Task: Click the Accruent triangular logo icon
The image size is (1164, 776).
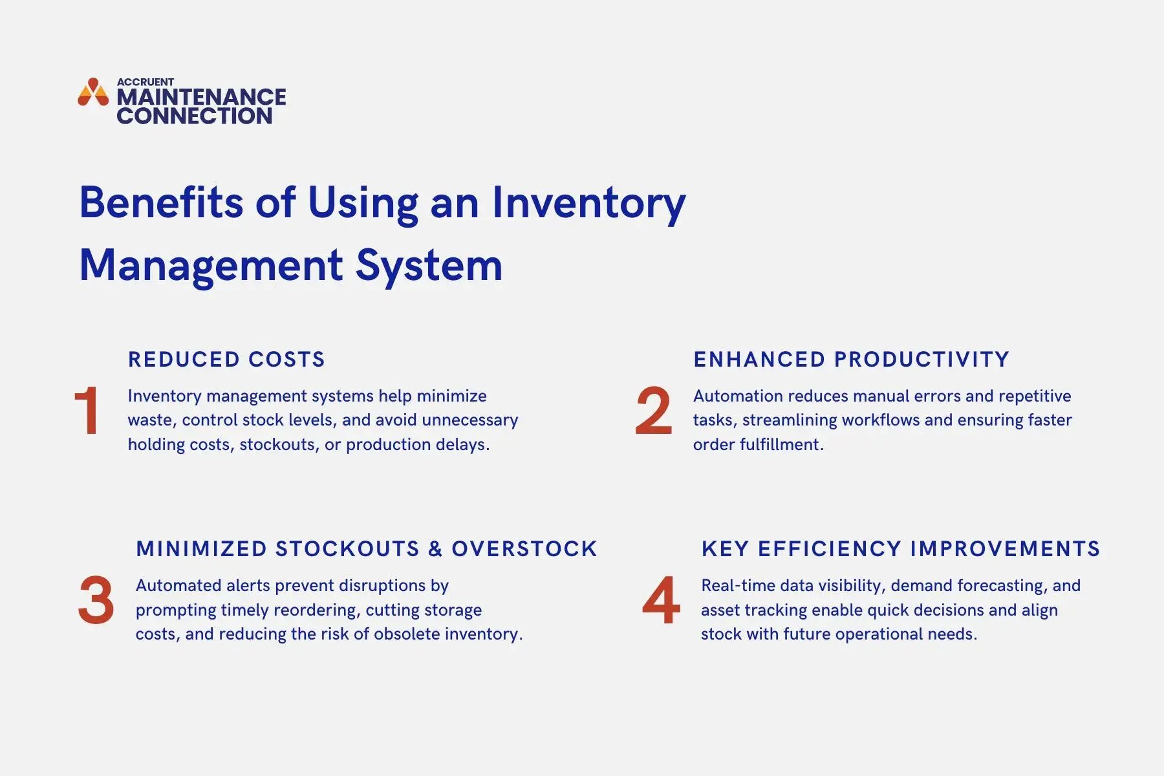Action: pyautogui.click(x=93, y=92)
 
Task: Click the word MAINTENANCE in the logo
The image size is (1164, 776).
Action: pyautogui.click(x=201, y=97)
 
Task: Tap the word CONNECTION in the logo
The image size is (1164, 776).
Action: pyautogui.click(x=194, y=116)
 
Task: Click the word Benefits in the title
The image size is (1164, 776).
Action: pyautogui.click(x=161, y=202)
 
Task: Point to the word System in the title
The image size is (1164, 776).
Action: pyautogui.click(x=429, y=265)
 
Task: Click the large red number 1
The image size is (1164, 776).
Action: pyautogui.click(x=87, y=411)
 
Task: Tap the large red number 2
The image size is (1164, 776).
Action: pyautogui.click(x=653, y=411)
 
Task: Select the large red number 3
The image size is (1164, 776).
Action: pyautogui.click(x=96, y=600)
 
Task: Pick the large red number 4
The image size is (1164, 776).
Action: pyautogui.click(x=661, y=600)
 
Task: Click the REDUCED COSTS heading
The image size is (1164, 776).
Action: pyautogui.click(x=226, y=360)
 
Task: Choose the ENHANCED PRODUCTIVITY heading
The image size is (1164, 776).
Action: pyautogui.click(x=851, y=360)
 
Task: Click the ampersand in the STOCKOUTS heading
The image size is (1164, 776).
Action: pyautogui.click(x=435, y=549)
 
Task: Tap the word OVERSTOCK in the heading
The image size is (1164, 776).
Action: pyautogui.click(x=524, y=549)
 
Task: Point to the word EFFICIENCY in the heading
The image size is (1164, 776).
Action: pyautogui.click(x=829, y=549)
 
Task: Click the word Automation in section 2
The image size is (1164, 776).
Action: pyautogui.click(x=738, y=396)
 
